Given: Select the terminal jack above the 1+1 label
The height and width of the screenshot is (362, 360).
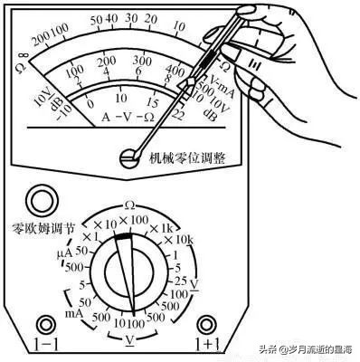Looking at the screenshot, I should (x=208, y=323).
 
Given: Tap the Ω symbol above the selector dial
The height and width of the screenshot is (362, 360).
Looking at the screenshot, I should (x=129, y=206).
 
